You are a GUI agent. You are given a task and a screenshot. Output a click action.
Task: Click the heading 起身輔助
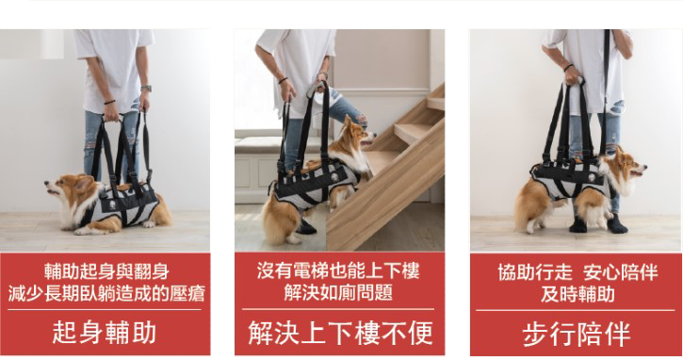105,333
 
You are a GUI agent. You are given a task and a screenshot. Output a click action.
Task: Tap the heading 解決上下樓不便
340,333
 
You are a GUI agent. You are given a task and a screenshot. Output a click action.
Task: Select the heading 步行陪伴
577,334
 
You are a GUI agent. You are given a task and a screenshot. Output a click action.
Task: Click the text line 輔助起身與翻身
106,271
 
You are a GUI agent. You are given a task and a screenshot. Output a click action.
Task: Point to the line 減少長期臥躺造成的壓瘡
106,293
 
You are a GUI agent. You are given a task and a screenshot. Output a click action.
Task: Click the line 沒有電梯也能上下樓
338,270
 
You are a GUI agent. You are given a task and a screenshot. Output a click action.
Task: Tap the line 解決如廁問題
338,292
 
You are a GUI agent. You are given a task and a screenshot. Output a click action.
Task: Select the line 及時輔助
577,294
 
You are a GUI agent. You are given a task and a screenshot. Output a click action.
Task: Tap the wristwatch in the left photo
146,89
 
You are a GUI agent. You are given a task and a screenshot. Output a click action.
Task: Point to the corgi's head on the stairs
355,132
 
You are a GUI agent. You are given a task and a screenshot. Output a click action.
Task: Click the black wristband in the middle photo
284,80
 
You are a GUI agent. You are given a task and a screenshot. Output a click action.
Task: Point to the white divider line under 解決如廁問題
338,309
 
